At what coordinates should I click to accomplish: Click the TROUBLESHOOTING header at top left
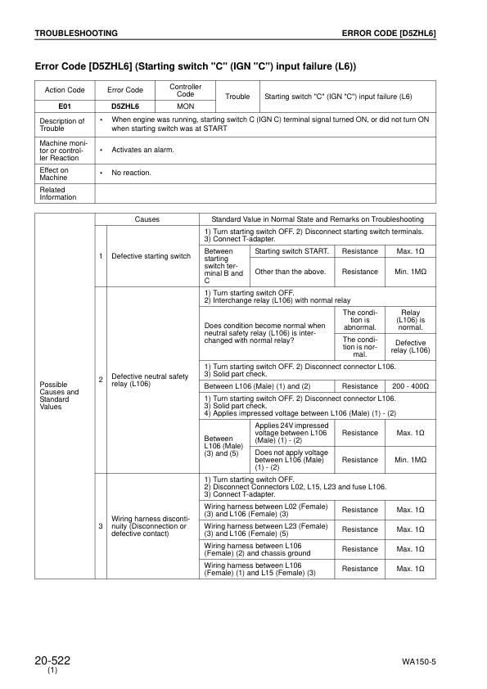(x=76, y=33)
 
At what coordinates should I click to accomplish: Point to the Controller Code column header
(x=185, y=90)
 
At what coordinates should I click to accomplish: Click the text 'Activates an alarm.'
(x=142, y=150)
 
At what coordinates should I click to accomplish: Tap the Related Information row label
(x=57, y=193)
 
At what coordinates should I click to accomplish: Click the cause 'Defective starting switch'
(x=151, y=256)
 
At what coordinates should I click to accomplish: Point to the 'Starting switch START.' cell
(x=291, y=251)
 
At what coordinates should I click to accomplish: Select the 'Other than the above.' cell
(x=291, y=271)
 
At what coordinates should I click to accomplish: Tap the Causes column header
(x=147, y=219)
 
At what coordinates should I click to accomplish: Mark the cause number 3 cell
(x=100, y=525)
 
